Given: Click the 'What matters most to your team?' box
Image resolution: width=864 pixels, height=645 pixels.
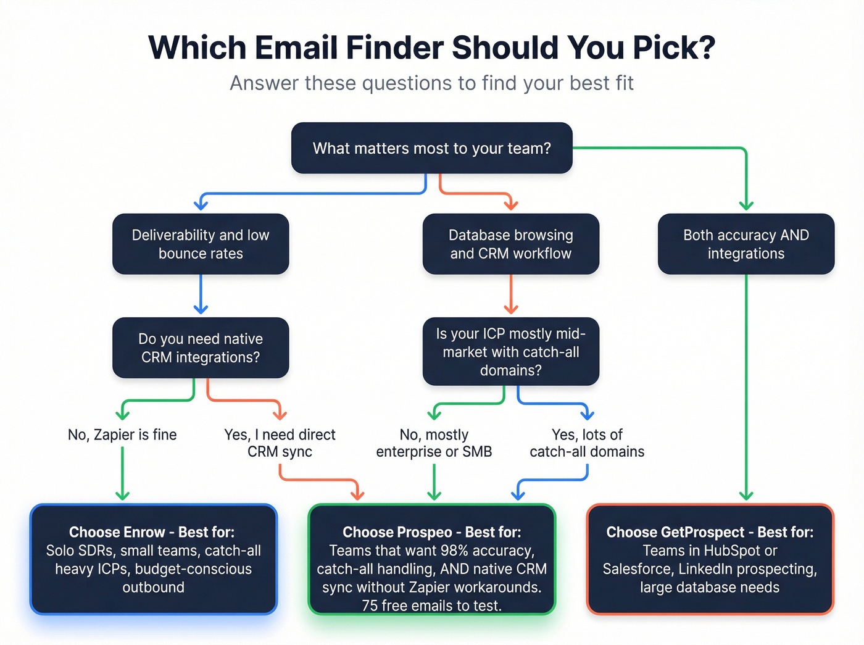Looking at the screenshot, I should tap(431, 148).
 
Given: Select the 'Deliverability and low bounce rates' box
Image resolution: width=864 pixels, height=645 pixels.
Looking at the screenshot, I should tap(201, 244).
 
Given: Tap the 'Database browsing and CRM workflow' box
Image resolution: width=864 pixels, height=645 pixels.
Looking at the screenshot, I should tap(510, 244).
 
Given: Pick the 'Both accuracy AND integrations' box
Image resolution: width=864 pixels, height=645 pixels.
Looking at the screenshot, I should tap(746, 244).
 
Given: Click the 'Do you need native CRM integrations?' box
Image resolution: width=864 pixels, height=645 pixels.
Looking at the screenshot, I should tap(201, 347).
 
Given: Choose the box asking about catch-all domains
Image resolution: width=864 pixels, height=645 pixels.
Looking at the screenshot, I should tap(510, 351).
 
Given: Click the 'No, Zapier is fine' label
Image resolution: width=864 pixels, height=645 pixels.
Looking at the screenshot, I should tap(122, 435).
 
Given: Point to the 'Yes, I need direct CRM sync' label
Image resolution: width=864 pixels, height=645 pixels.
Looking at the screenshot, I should tap(280, 443).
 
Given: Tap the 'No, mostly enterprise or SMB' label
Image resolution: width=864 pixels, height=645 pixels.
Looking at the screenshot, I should tap(434, 443).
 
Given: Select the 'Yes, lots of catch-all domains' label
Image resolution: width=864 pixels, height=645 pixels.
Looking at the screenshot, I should tap(587, 443).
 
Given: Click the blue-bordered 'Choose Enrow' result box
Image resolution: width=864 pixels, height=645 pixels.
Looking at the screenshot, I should tap(154, 559).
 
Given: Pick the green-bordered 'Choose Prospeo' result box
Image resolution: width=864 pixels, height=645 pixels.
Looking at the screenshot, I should tap(431, 559).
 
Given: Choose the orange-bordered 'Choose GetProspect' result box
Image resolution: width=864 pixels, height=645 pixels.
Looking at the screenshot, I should tap(710, 559).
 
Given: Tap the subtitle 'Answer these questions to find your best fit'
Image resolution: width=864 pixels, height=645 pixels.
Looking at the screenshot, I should tap(431, 83).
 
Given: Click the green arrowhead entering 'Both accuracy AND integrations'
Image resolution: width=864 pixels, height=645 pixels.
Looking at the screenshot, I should tap(746, 206).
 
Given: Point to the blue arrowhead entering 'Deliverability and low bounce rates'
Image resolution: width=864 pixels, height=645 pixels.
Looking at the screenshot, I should tap(201, 204).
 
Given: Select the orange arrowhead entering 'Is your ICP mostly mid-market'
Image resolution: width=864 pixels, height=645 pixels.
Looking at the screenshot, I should tap(510, 308).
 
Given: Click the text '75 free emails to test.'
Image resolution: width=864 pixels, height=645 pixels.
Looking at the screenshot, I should tap(431, 605).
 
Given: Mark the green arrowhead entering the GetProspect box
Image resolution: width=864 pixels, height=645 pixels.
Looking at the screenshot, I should tap(746, 495).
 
